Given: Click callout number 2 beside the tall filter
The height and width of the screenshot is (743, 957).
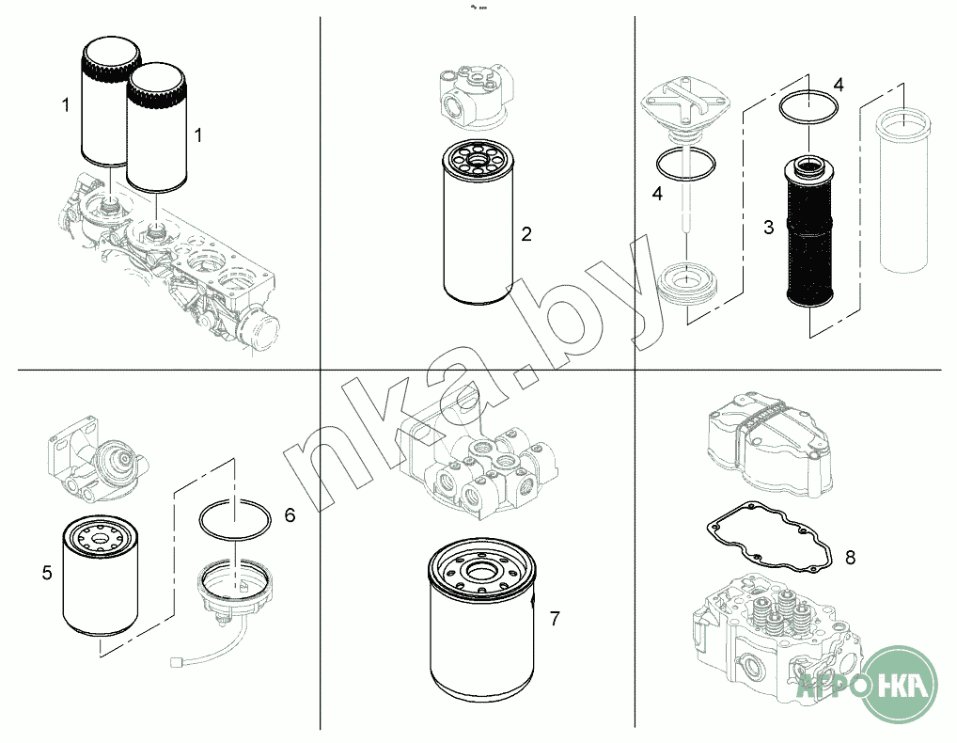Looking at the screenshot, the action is [526, 234].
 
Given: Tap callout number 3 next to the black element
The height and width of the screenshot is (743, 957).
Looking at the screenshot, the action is [768, 227].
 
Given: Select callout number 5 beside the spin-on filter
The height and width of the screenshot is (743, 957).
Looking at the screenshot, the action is [47, 573].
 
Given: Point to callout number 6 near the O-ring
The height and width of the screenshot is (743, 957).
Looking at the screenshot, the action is [290, 515].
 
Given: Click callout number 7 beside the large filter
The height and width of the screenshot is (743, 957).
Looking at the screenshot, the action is [555, 619].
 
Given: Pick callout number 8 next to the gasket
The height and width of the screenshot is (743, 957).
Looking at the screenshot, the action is [850, 557].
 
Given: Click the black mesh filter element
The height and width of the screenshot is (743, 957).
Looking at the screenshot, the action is [808, 231].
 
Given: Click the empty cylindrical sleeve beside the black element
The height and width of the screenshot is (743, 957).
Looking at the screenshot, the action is [902, 188].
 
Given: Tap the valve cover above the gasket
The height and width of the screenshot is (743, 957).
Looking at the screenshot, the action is [769, 447].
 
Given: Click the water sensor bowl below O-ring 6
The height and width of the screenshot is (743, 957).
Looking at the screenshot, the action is [234, 592].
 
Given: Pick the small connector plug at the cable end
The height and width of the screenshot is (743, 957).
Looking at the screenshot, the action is [178, 660].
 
